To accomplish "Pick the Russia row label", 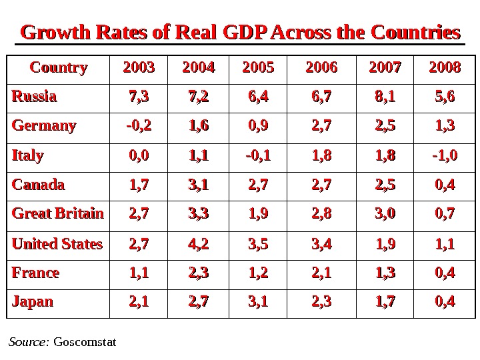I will click(x=34, y=97).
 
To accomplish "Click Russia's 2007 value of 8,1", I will click(x=381, y=97).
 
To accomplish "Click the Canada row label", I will click(x=38, y=185).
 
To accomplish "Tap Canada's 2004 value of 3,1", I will click(x=198, y=185).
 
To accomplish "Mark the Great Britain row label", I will click(x=57, y=214).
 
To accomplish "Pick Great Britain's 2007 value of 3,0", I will click(x=381, y=214).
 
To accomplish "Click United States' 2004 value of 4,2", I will click(x=198, y=243).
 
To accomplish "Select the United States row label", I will click(x=57, y=243).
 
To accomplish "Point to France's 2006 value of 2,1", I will click(x=320, y=273).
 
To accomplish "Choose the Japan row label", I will click(x=32, y=302).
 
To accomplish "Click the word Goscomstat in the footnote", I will click(x=84, y=343).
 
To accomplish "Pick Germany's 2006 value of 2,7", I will click(x=320, y=126).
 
